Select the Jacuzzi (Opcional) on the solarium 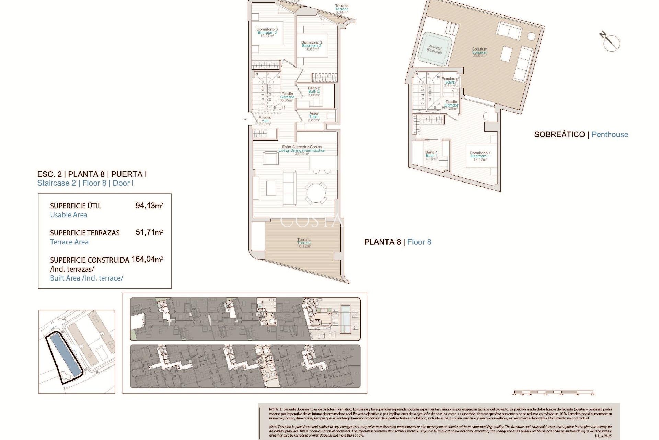(x=435, y=49)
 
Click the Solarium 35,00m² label (x=479, y=52)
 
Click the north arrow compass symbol (x=610, y=42)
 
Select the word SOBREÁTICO (x=559, y=135)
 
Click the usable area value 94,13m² (x=149, y=206)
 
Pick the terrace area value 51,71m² (x=149, y=232)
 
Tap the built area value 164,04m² (x=147, y=259)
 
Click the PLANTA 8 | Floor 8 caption (x=397, y=242)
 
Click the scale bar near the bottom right (x=553, y=392)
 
